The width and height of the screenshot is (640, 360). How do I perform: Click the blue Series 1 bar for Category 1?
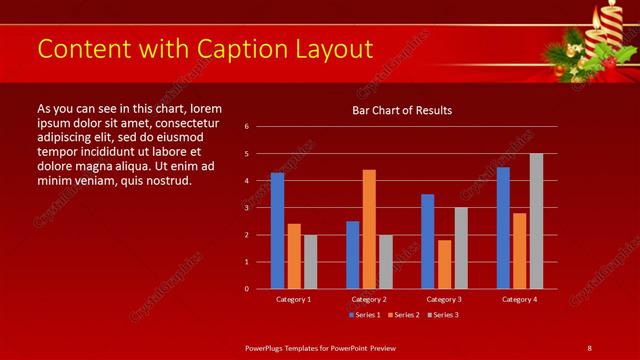point(277,231)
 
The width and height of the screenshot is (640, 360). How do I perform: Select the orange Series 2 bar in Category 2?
point(369,229)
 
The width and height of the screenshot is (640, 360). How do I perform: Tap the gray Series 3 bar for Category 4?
point(536,221)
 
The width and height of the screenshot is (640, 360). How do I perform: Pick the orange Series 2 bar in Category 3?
point(444,264)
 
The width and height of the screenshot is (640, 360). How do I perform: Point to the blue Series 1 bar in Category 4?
point(503,228)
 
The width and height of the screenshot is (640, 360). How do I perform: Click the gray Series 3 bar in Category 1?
point(310,262)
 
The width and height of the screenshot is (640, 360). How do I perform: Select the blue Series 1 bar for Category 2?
point(352,255)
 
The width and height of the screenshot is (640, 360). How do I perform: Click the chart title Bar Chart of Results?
point(402,110)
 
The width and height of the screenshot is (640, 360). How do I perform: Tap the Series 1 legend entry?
point(362,315)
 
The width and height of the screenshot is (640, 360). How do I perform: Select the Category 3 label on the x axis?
point(444,299)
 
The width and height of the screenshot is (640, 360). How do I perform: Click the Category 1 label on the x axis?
point(293,299)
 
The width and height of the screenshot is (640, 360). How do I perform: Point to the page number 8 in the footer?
point(589,347)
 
